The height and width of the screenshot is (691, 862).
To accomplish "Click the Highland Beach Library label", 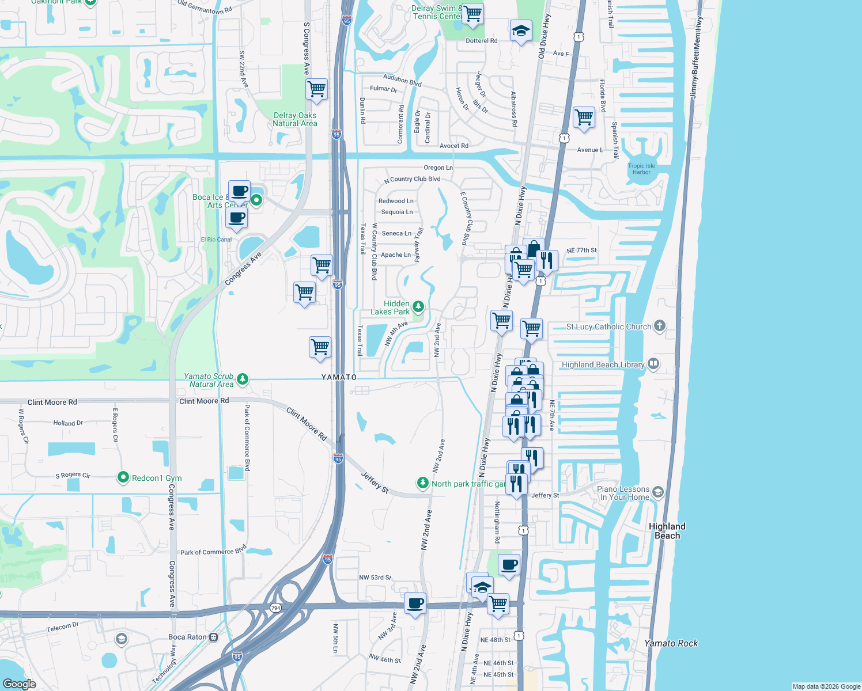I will (603, 365).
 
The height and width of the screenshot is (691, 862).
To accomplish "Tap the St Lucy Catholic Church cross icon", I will (660, 326).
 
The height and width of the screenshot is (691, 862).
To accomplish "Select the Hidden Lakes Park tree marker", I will (418, 307).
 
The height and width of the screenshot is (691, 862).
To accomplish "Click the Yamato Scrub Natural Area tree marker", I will (243, 379).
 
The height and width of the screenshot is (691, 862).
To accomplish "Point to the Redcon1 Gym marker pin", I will (123, 477).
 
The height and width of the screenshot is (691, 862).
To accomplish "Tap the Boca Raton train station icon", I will (213, 637).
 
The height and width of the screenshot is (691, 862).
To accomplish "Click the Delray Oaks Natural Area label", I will (295, 119).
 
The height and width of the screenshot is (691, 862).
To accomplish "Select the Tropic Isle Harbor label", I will (641, 169).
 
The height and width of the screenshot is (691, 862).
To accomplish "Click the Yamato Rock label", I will (671, 643).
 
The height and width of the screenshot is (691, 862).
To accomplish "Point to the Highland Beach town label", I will (667, 530).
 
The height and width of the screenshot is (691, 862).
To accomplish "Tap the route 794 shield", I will (275, 608).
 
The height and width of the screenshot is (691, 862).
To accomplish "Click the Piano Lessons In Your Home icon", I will (658, 493).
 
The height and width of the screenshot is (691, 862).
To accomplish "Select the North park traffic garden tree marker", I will (423, 483).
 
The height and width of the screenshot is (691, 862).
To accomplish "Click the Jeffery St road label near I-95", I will (375, 483).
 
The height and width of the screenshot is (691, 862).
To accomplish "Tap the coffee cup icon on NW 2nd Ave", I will (415, 604).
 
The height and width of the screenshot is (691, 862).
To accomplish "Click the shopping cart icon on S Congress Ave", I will (316, 90).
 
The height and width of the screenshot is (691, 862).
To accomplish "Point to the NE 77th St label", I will (581, 250).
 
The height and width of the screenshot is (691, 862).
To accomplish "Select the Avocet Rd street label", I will (454, 146).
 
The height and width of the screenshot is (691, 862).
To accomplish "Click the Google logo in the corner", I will (19, 684).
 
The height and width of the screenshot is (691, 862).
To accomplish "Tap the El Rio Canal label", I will (216, 240).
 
